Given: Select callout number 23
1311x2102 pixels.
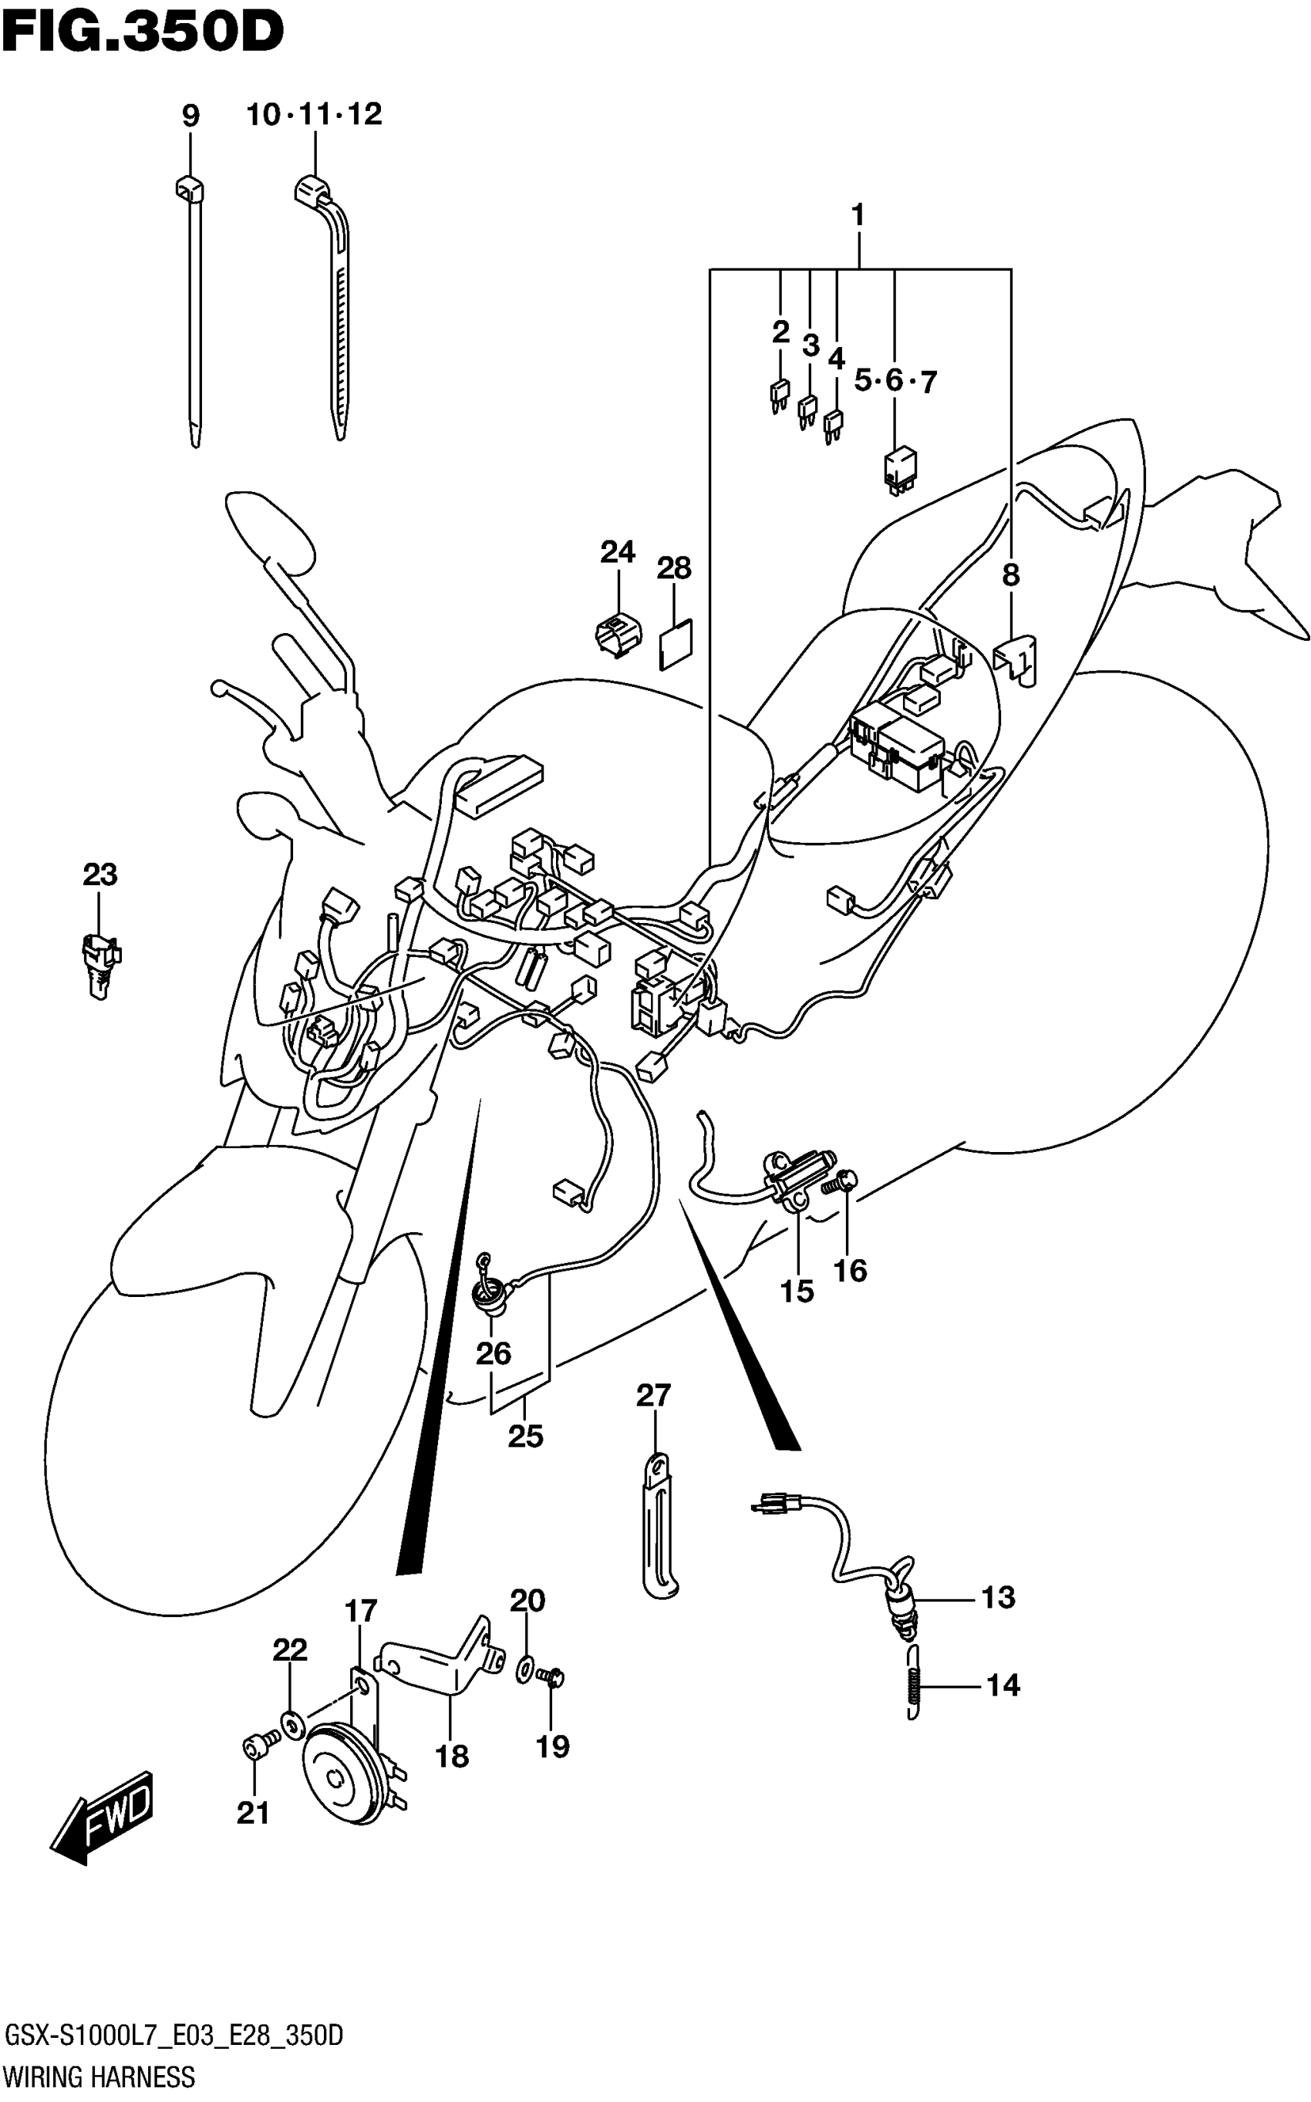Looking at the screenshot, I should point(99,874).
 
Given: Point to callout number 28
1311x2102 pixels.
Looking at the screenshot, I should point(674,568).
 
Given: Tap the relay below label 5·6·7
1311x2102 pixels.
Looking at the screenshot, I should point(900,469).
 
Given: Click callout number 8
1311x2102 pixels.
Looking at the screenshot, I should point(1011,574).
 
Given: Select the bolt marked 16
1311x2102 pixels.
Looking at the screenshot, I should point(843,1181).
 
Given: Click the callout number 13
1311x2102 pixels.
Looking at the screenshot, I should point(998,1597).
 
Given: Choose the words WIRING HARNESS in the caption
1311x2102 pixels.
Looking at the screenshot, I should point(99,2077).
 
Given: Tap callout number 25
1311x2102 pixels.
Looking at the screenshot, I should point(525,1437).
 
